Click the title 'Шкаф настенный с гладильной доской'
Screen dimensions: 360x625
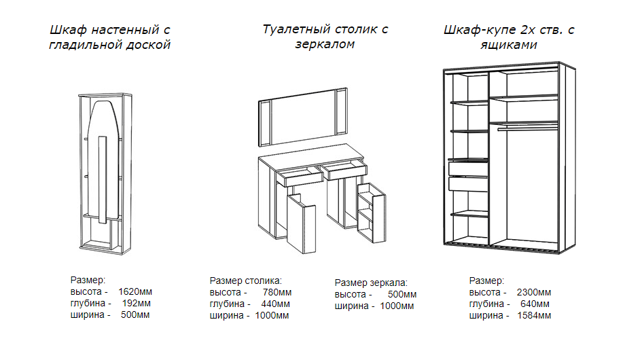(x=109, y=37)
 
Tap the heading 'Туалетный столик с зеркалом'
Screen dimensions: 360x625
(x=325, y=37)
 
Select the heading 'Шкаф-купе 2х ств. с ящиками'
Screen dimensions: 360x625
(x=509, y=37)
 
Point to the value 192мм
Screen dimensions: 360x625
(x=136, y=304)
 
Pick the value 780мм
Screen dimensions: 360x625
(x=276, y=293)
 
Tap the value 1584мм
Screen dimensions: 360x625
(x=534, y=316)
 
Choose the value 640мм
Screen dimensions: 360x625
(x=535, y=304)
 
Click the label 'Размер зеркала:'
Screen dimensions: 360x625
(x=371, y=283)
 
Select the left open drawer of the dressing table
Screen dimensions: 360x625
(x=298, y=176)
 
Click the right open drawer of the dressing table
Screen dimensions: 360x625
(x=345, y=170)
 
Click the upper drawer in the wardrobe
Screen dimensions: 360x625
(x=468, y=167)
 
